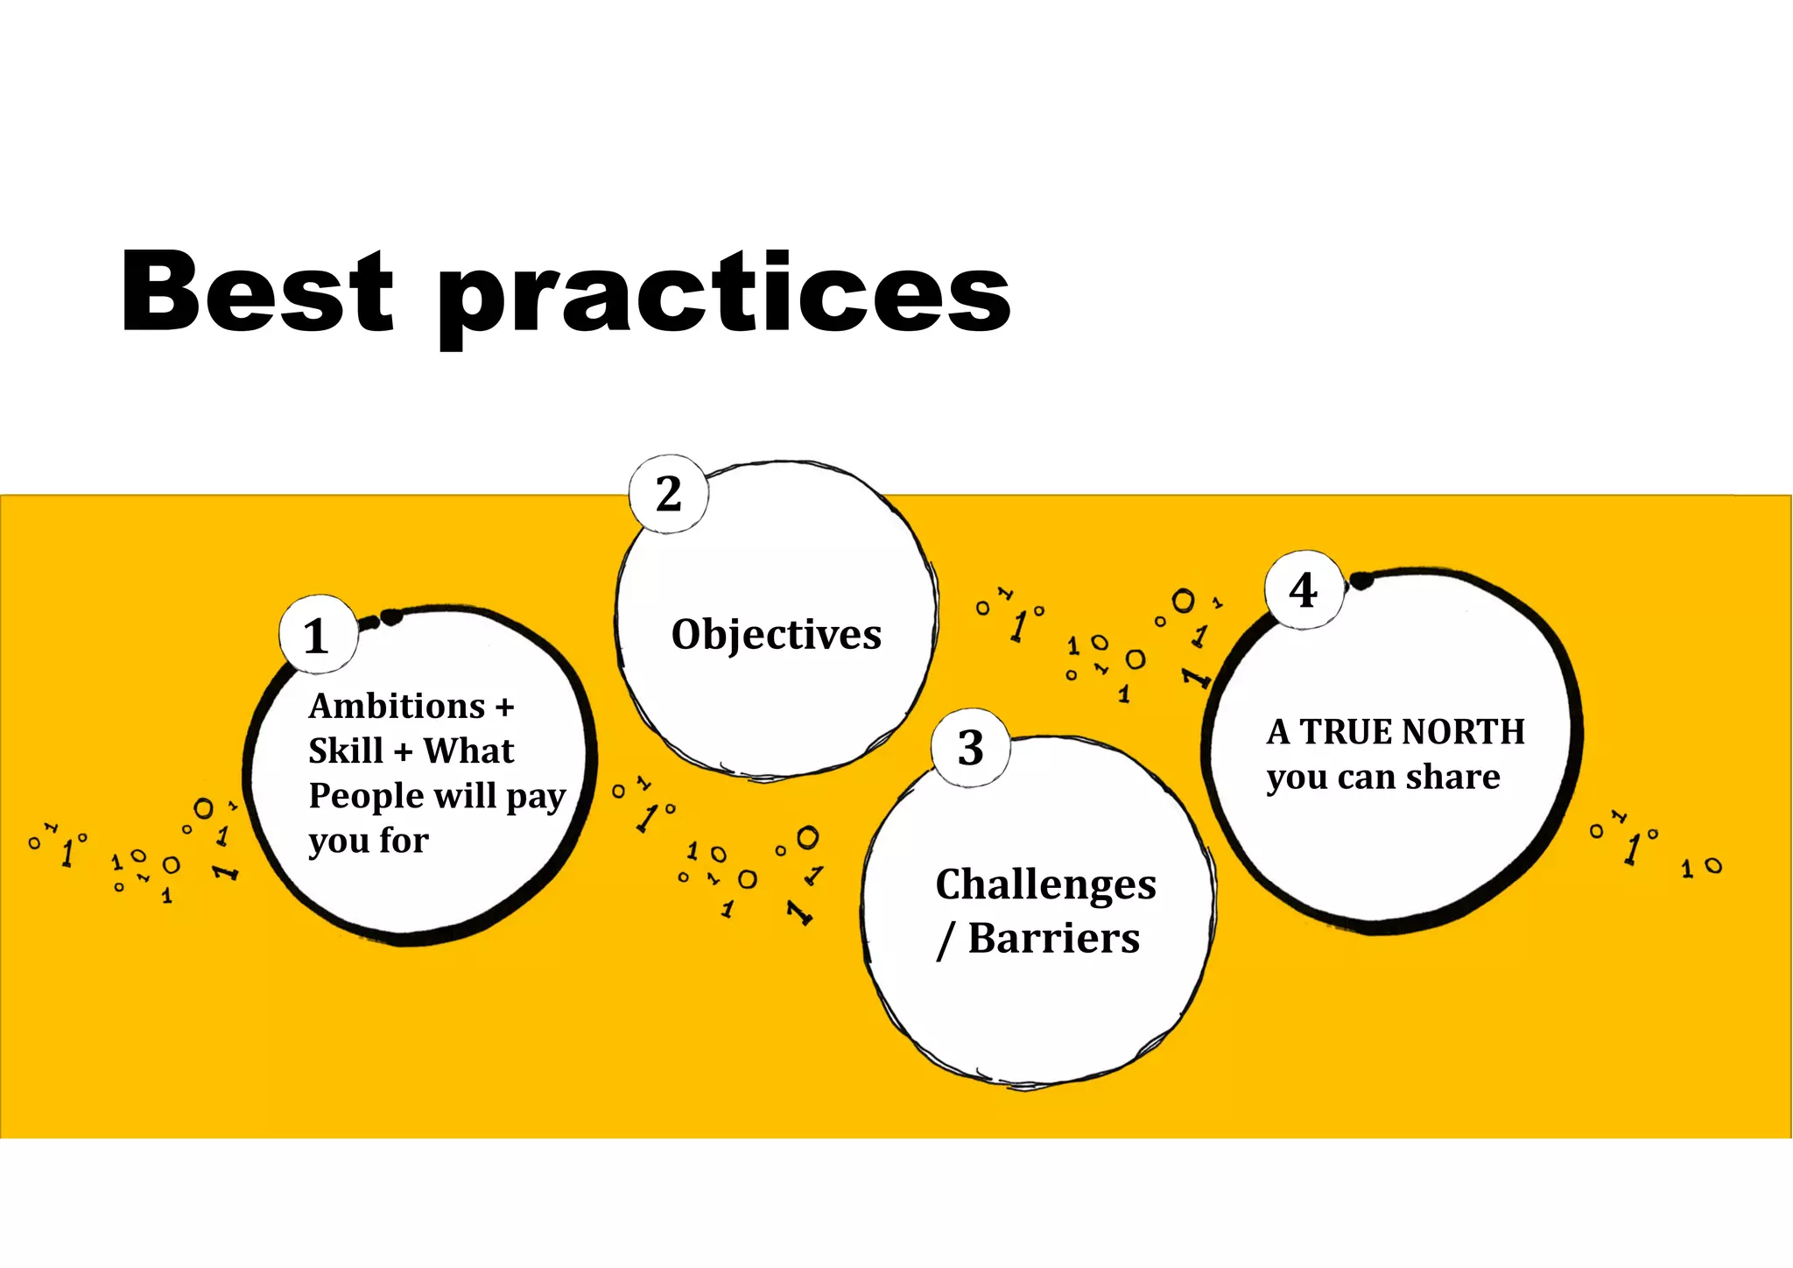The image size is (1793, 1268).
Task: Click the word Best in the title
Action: click(x=257, y=292)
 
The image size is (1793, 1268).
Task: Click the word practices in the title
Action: click(x=724, y=296)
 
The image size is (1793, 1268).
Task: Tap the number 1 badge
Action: click(x=317, y=636)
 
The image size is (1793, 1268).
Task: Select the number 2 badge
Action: click(x=669, y=494)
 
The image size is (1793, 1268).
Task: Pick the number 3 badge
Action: click(x=970, y=748)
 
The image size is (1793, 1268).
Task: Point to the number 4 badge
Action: click(x=1304, y=590)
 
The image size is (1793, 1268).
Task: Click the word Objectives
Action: click(x=777, y=636)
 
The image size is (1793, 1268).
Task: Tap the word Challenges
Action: click(x=1045, y=885)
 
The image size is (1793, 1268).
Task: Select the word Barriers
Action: click(x=1054, y=939)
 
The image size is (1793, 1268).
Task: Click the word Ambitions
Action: click(x=397, y=706)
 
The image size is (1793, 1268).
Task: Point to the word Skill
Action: click(x=346, y=751)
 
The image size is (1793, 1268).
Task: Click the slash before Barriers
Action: click(x=945, y=940)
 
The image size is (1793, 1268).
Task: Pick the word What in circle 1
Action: click(x=468, y=751)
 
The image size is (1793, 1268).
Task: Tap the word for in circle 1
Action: click(x=404, y=841)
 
